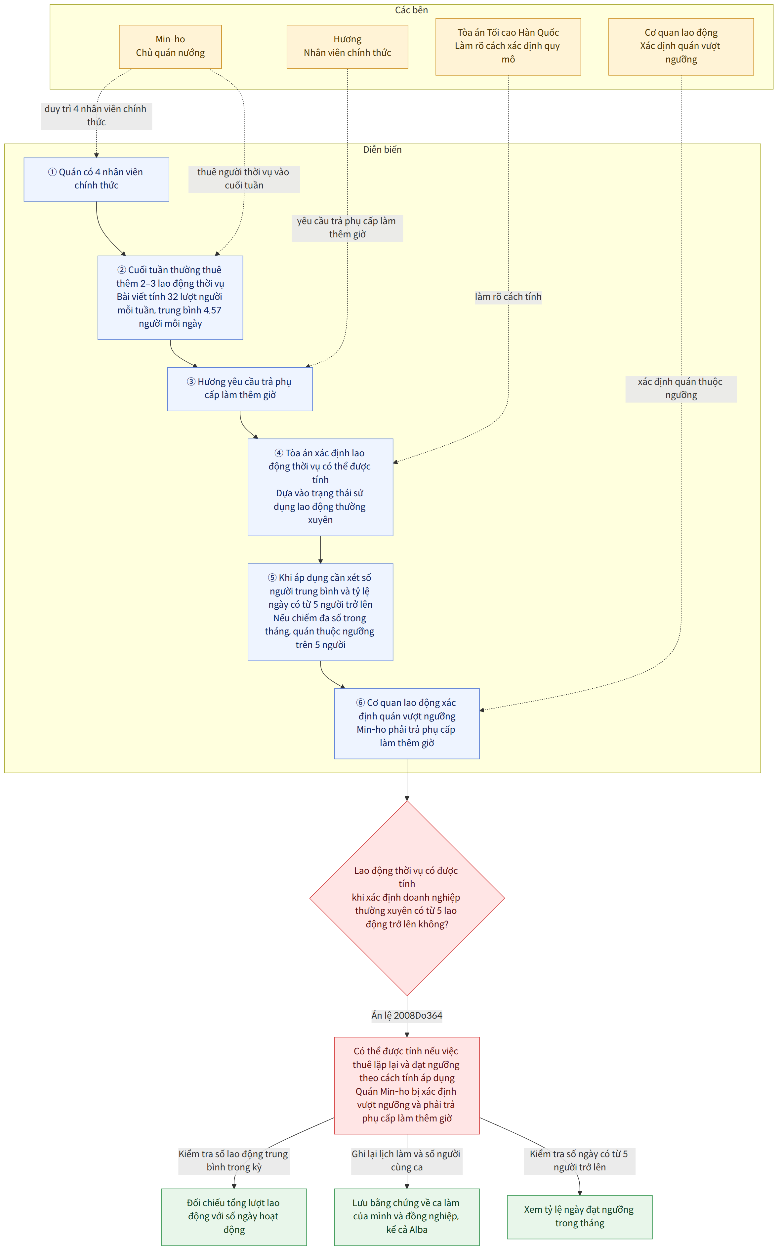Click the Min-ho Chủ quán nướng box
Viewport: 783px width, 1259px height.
[170, 47]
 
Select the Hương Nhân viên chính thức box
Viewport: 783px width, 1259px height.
[348, 47]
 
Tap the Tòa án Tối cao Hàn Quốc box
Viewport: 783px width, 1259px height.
[508, 47]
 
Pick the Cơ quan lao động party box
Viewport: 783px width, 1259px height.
[681, 47]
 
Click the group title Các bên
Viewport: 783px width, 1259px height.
[411, 10]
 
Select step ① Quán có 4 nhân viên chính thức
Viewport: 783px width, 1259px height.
[96, 179]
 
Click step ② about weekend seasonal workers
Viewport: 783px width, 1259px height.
[170, 298]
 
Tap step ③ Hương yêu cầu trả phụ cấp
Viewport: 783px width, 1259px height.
[240, 389]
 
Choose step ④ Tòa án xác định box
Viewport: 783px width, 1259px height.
[320, 487]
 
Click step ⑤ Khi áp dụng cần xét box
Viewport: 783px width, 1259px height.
[320, 612]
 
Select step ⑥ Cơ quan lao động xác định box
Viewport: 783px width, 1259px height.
[407, 724]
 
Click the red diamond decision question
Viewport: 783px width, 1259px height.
[407, 898]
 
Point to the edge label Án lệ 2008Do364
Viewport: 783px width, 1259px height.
[407, 1015]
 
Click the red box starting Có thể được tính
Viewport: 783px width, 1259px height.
[407, 1085]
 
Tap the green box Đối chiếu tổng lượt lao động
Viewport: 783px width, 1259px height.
[234, 1217]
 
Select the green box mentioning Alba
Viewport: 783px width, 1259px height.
[407, 1217]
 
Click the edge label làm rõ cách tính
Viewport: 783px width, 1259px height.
[508, 297]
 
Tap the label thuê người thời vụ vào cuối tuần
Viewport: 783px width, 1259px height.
[244, 179]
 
